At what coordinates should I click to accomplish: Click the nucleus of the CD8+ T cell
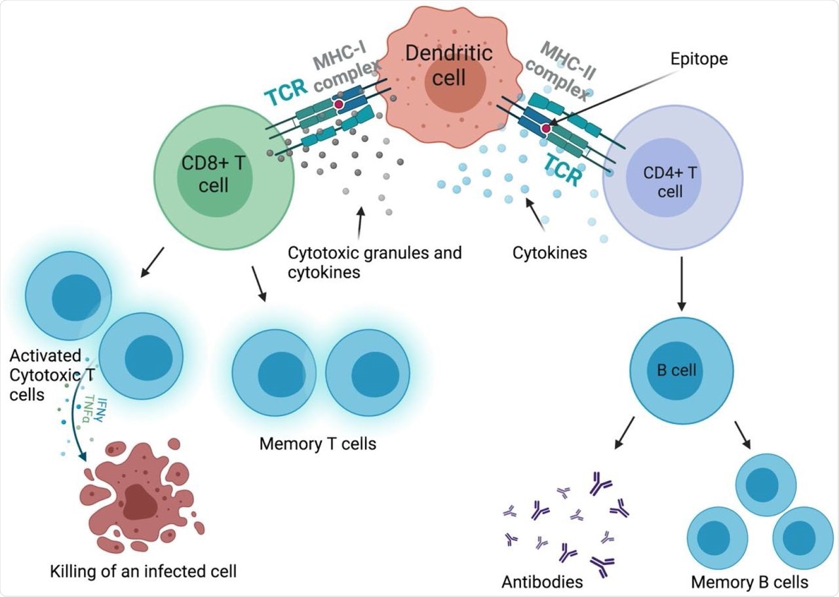click(x=214, y=176)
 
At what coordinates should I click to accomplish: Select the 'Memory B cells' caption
click(x=750, y=581)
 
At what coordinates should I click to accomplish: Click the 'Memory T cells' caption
click(x=318, y=444)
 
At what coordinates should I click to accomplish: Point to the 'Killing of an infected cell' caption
click(x=143, y=570)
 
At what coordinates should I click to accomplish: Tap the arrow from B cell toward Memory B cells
click(x=743, y=433)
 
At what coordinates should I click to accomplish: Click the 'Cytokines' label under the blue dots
click(x=550, y=252)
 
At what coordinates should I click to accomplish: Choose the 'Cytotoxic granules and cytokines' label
click(x=374, y=261)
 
